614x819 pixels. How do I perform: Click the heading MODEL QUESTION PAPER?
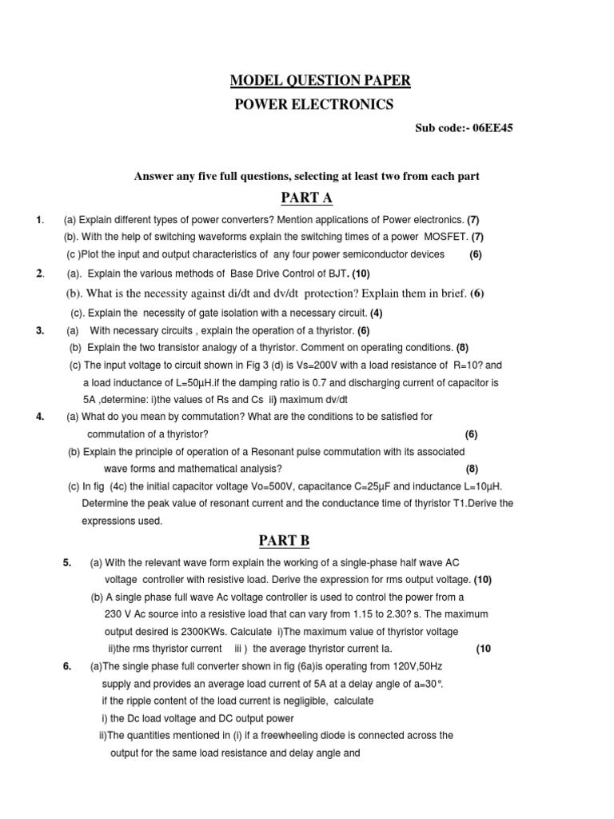(321, 80)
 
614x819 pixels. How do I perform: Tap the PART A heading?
(306, 198)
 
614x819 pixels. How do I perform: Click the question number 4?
(39, 417)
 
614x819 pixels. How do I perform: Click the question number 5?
(66, 562)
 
